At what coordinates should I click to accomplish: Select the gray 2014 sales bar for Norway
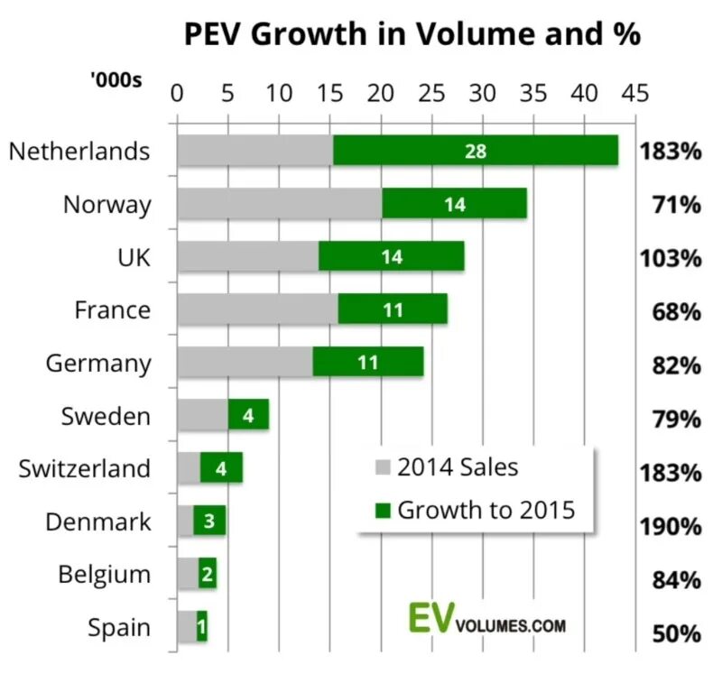coord(279,204)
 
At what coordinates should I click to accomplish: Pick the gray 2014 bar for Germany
coord(245,363)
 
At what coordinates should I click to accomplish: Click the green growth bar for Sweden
coord(248,415)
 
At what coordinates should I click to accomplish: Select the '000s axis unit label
coord(116,79)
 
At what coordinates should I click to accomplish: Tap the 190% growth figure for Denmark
coord(671,526)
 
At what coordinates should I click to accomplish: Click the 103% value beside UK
coord(671,258)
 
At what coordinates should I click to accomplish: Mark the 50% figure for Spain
coord(676,633)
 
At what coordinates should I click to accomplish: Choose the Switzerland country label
coord(85,468)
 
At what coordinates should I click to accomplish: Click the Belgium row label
coord(105,575)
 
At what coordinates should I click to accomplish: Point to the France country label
coord(112,310)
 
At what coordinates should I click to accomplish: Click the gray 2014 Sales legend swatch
coord(383,468)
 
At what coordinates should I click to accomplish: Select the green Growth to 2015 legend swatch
coord(383,511)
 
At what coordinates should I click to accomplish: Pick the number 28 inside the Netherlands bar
coord(476,152)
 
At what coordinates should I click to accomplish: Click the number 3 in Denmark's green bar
coord(208,521)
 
